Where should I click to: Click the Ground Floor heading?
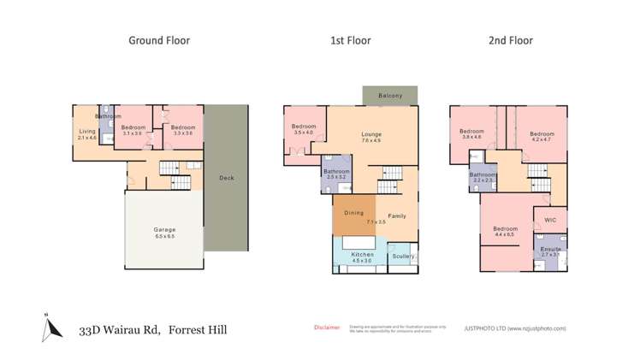click(x=158, y=40)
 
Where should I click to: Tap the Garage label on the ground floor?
click(x=165, y=230)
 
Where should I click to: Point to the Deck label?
click(x=226, y=178)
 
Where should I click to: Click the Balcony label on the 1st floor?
click(x=389, y=95)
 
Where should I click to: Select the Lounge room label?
click(x=370, y=134)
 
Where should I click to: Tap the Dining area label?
click(x=353, y=212)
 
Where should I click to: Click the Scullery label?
click(x=402, y=256)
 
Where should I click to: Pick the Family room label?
click(x=397, y=215)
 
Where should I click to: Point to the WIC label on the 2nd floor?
click(x=550, y=220)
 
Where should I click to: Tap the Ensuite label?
click(x=550, y=249)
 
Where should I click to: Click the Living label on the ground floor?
click(x=86, y=132)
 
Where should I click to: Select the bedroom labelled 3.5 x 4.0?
click(x=304, y=128)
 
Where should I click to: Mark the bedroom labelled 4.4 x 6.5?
click(x=505, y=231)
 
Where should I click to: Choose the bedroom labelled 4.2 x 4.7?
click(x=542, y=135)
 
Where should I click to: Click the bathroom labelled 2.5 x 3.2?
click(x=336, y=174)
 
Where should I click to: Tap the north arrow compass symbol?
click(x=47, y=328)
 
